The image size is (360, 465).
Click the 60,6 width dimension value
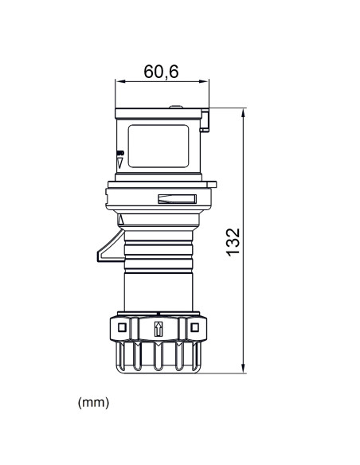[x=161, y=71]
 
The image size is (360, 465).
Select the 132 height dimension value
[x=232, y=240]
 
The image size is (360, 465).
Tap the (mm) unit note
[x=93, y=403]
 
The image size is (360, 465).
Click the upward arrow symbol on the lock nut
[x=158, y=328]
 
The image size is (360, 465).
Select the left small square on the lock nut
[x=121, y=327]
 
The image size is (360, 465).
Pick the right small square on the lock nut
[x=194, y=327]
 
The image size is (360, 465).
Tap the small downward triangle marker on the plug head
[x=120, y=162]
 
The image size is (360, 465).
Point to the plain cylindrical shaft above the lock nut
[x=158, y=288]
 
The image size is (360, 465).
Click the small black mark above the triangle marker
[x=120, y=152]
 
